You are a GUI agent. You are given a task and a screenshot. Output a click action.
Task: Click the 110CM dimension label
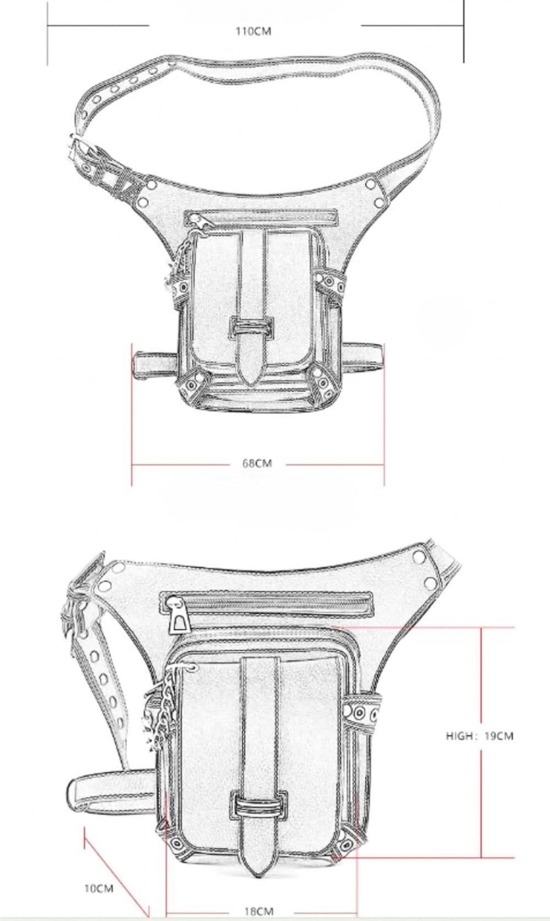(x=253, y=32)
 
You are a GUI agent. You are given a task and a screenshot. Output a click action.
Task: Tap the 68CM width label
(x=257, y=463)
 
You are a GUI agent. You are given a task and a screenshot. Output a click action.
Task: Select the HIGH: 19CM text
(x=480, y=736)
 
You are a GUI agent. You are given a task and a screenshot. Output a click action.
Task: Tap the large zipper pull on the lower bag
(x=179, y=614)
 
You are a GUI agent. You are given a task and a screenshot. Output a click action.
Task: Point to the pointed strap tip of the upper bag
(x=250, y=375)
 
